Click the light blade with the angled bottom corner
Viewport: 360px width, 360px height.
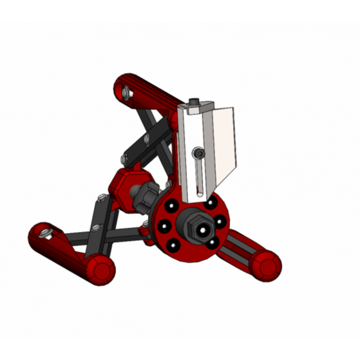(x=224, y=145)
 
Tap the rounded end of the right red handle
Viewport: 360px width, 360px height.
(x=266, y=265)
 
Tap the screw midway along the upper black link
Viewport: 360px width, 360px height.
(x=147, y=140)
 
